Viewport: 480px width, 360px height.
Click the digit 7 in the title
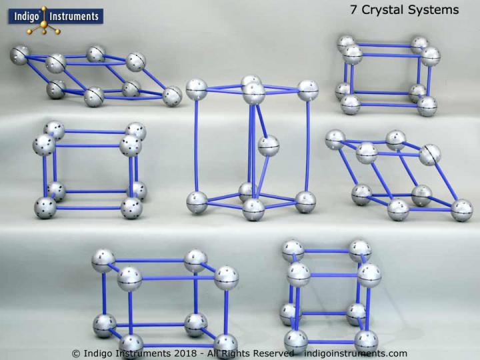point(353,10)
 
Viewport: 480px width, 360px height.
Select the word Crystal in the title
point(379,10)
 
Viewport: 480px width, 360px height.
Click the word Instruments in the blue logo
point(75,16)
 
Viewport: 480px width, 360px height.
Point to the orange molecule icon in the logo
point(48,21)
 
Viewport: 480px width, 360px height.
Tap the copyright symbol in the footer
point(76,353)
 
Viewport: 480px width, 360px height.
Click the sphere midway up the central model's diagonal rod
point(268,145)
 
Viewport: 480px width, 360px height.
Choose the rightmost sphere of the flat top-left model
point(172,95)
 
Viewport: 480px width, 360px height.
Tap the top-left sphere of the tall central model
point(197,88)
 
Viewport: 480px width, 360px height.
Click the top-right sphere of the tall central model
point(308,89)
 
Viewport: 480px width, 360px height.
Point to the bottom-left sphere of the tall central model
point(197,200)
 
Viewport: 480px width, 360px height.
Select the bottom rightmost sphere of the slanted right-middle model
point(461,209)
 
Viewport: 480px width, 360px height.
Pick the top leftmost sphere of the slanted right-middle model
point(335,139)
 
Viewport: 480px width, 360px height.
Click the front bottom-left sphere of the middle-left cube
point(45,207)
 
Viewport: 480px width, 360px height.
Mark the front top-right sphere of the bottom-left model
point(225,277)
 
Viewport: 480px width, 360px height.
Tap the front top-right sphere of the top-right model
point(431,56)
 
